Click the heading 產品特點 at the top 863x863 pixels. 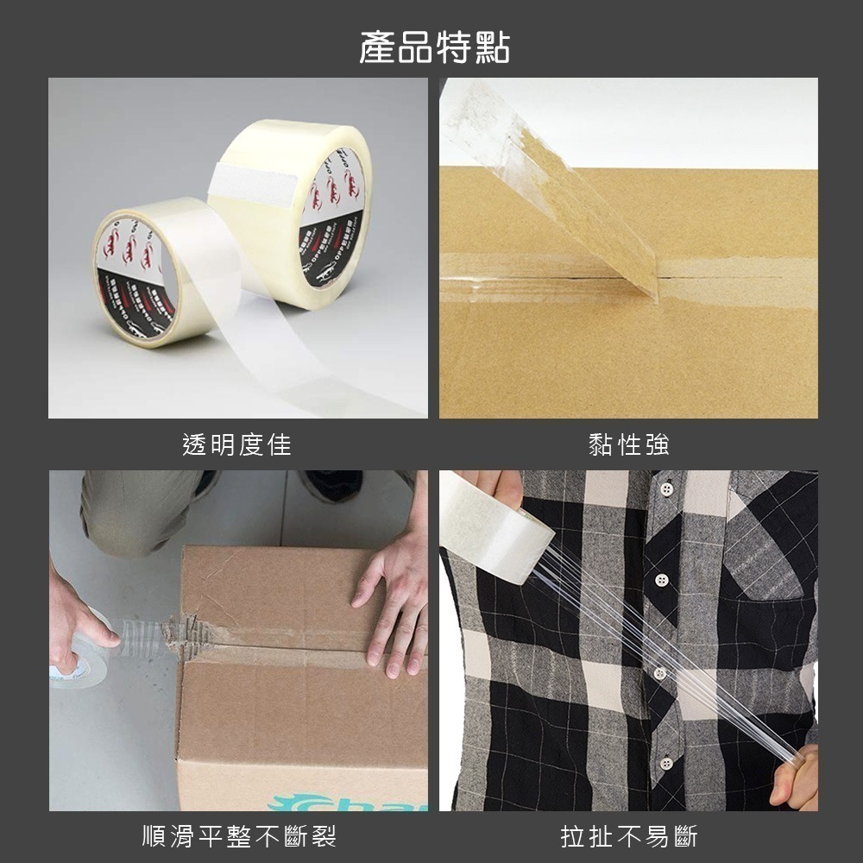[x=434, y=47]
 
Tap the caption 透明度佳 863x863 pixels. [x=237, y=445]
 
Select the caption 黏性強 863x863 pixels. [x=628, y=445]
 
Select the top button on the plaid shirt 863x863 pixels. [x=665, y=489]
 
